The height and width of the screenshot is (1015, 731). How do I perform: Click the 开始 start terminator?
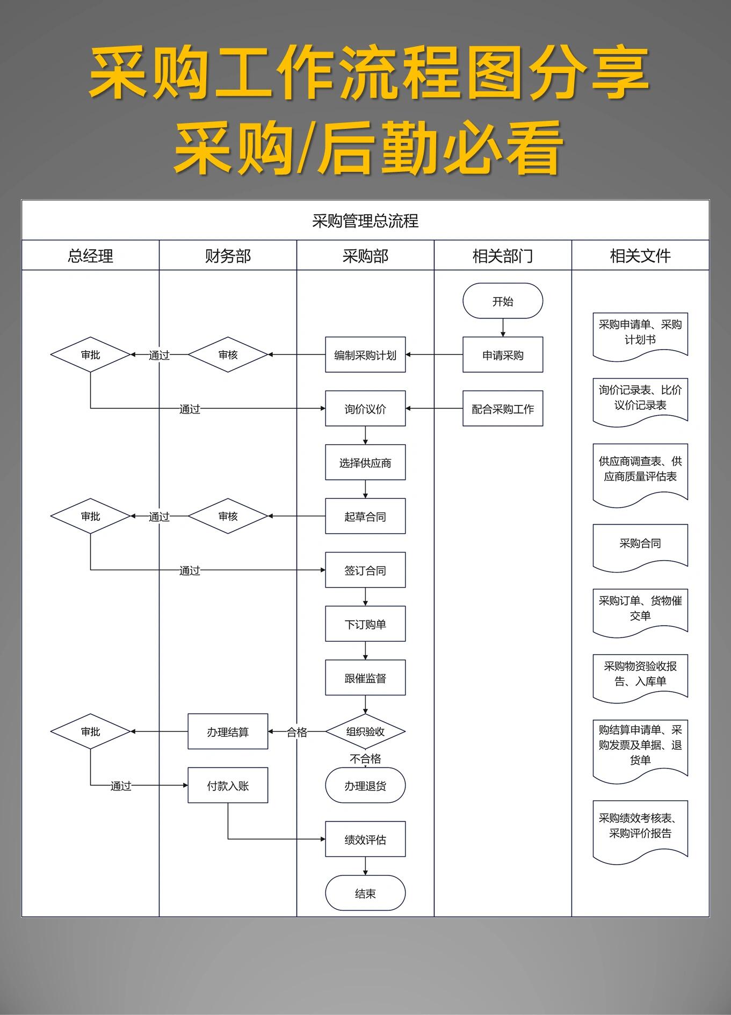point(503,301)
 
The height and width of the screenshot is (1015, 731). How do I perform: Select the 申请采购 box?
point(503,354)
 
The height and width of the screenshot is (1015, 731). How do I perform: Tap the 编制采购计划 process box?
point(365,354)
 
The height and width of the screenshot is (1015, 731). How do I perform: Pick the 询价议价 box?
point(365,409)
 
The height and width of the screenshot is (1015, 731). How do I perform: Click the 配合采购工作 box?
point(503,409)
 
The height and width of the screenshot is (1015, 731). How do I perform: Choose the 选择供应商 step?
point(365,462)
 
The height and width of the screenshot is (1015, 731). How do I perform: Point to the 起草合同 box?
point(365,516)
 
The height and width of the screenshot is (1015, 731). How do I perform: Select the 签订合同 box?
point(365,570)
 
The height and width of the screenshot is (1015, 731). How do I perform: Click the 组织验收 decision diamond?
point(365,731)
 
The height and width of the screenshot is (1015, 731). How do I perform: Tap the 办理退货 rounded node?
point(365,786)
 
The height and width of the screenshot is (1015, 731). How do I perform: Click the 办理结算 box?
point(228,731)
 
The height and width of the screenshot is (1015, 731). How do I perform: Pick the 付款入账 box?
point(228,786)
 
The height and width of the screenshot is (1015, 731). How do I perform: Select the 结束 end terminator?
point(365,893)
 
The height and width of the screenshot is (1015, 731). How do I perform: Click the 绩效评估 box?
point(365,839)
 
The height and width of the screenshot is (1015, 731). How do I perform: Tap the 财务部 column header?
point(228,256)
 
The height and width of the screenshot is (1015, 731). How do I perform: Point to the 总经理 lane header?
point(90,256)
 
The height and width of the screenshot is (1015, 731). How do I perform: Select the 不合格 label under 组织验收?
point(365,758)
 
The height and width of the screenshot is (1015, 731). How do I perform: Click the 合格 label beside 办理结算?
point(296,731)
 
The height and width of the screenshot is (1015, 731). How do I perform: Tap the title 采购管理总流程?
point(365,221)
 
